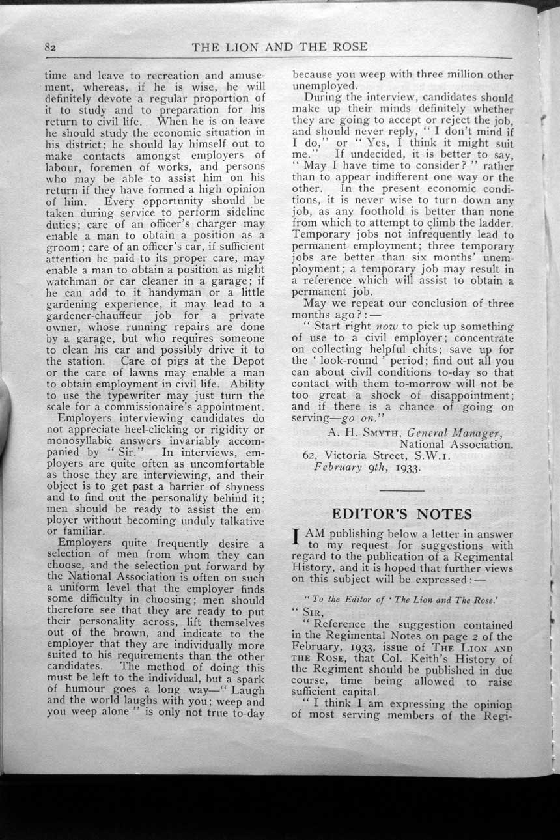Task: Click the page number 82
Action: [x=52, y=48]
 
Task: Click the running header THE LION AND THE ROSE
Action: [x=279, y=46]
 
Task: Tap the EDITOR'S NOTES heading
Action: [x=402, y=514]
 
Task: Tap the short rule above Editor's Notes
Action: [x=402, y=489]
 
